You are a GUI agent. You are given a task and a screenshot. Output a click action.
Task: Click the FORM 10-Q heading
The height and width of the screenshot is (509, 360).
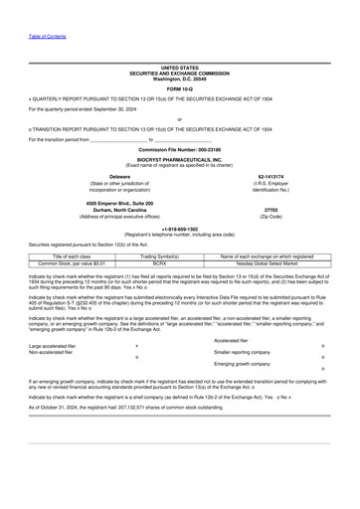pos(179,88)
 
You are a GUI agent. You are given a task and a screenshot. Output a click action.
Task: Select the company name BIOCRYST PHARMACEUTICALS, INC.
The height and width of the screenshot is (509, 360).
pos(179,158)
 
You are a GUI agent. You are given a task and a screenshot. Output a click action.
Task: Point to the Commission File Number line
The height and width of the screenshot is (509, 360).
pos(179,149)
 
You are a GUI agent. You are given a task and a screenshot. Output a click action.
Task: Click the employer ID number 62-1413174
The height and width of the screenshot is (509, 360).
pos(270,176)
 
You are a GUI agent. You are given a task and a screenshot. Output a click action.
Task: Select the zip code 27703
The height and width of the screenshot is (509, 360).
pos(270,210)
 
